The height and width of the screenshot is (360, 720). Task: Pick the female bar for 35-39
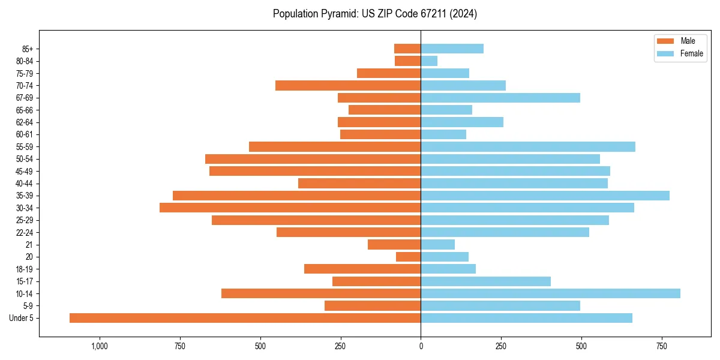(545, 196)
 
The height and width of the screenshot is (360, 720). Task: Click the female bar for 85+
(452, 49)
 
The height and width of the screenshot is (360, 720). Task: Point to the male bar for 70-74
(348, 85)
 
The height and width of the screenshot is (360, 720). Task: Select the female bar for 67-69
(500, 98)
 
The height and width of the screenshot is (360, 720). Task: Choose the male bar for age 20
(408, 257)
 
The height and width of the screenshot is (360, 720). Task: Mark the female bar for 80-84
(429, 61)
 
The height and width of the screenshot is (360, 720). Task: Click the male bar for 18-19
(362, 269)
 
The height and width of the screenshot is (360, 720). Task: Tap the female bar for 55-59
(528, 146)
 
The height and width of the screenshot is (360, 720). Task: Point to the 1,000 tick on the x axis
(100, 346)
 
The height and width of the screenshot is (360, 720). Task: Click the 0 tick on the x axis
(421, 346)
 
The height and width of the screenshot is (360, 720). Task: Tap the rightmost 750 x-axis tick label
(662, 346)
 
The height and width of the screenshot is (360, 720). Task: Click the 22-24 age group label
(25, 232)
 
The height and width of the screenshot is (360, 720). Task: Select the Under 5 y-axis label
(21, 318)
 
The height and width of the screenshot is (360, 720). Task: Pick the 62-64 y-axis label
(25, 122)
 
